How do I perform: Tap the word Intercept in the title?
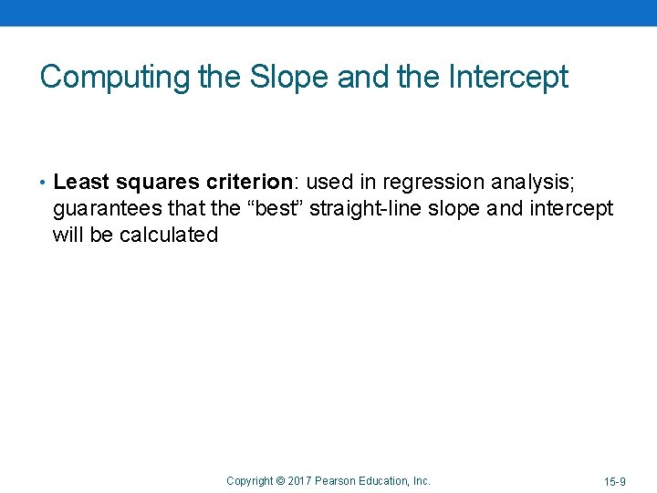[508, 77]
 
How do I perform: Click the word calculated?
[169, 235]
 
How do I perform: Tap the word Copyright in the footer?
[249, 480]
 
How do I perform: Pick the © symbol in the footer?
[280, 480]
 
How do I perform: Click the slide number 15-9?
[614, 481]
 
